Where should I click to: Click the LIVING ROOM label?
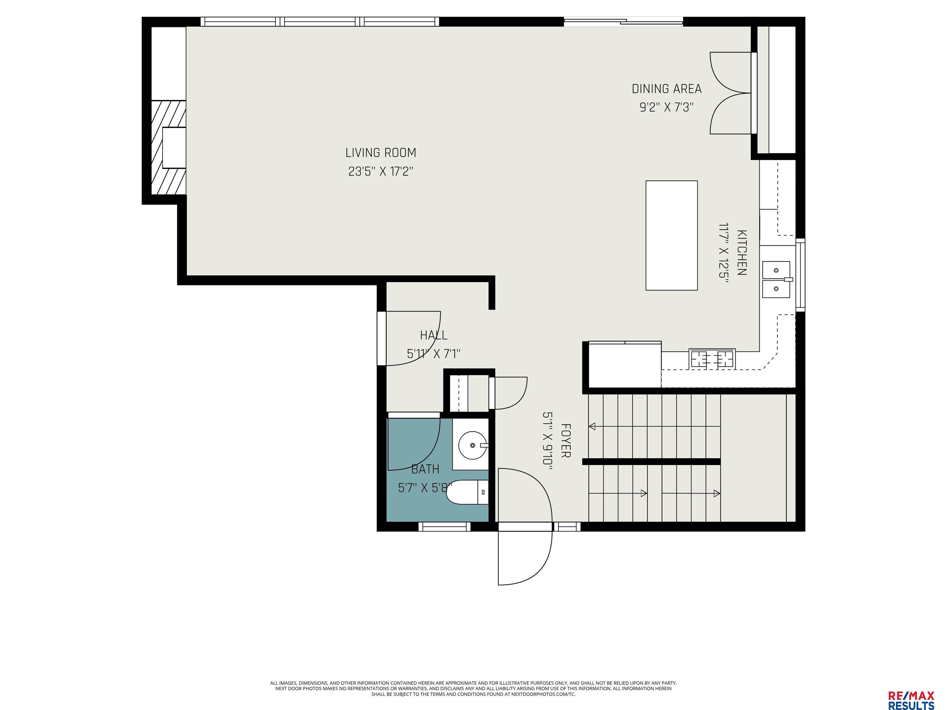coord(381,153)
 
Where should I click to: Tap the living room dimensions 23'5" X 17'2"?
coord(381,172)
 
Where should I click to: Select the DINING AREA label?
coord(666,89)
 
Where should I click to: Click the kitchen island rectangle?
coord(671,235)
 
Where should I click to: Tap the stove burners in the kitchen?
coord(712,359)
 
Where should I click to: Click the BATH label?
coord(425,470)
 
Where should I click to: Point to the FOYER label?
coord(566,440)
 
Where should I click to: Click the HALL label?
coord(434,335)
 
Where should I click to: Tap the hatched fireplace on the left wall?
coord(169,147)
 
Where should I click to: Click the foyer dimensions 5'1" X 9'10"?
coord(547,441)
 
